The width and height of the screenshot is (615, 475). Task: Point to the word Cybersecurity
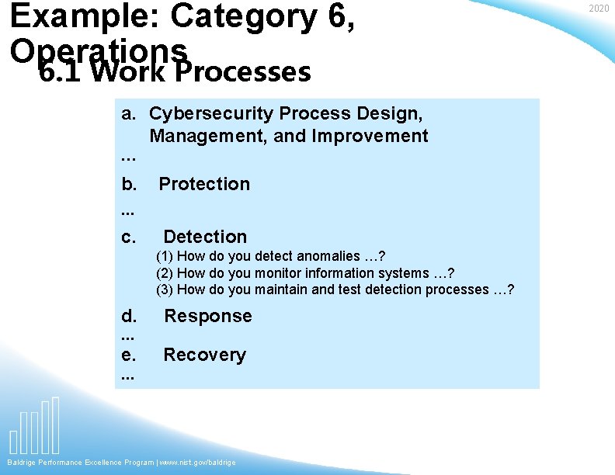[x=210, y=114]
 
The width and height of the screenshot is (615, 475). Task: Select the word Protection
[x=204, y=184]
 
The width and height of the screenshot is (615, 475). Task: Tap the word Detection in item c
[x=205, y=237]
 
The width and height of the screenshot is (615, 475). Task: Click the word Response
[x=207, y=316]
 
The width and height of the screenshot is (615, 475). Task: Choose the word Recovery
[x=204, y=355]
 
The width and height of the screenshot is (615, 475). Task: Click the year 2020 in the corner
[x=599, y=9]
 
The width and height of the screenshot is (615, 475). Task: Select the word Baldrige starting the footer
[x=23, y=463]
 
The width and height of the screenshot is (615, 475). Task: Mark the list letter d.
[x=129, y=316]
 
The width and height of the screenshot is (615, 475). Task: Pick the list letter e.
[x=129, y=355]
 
